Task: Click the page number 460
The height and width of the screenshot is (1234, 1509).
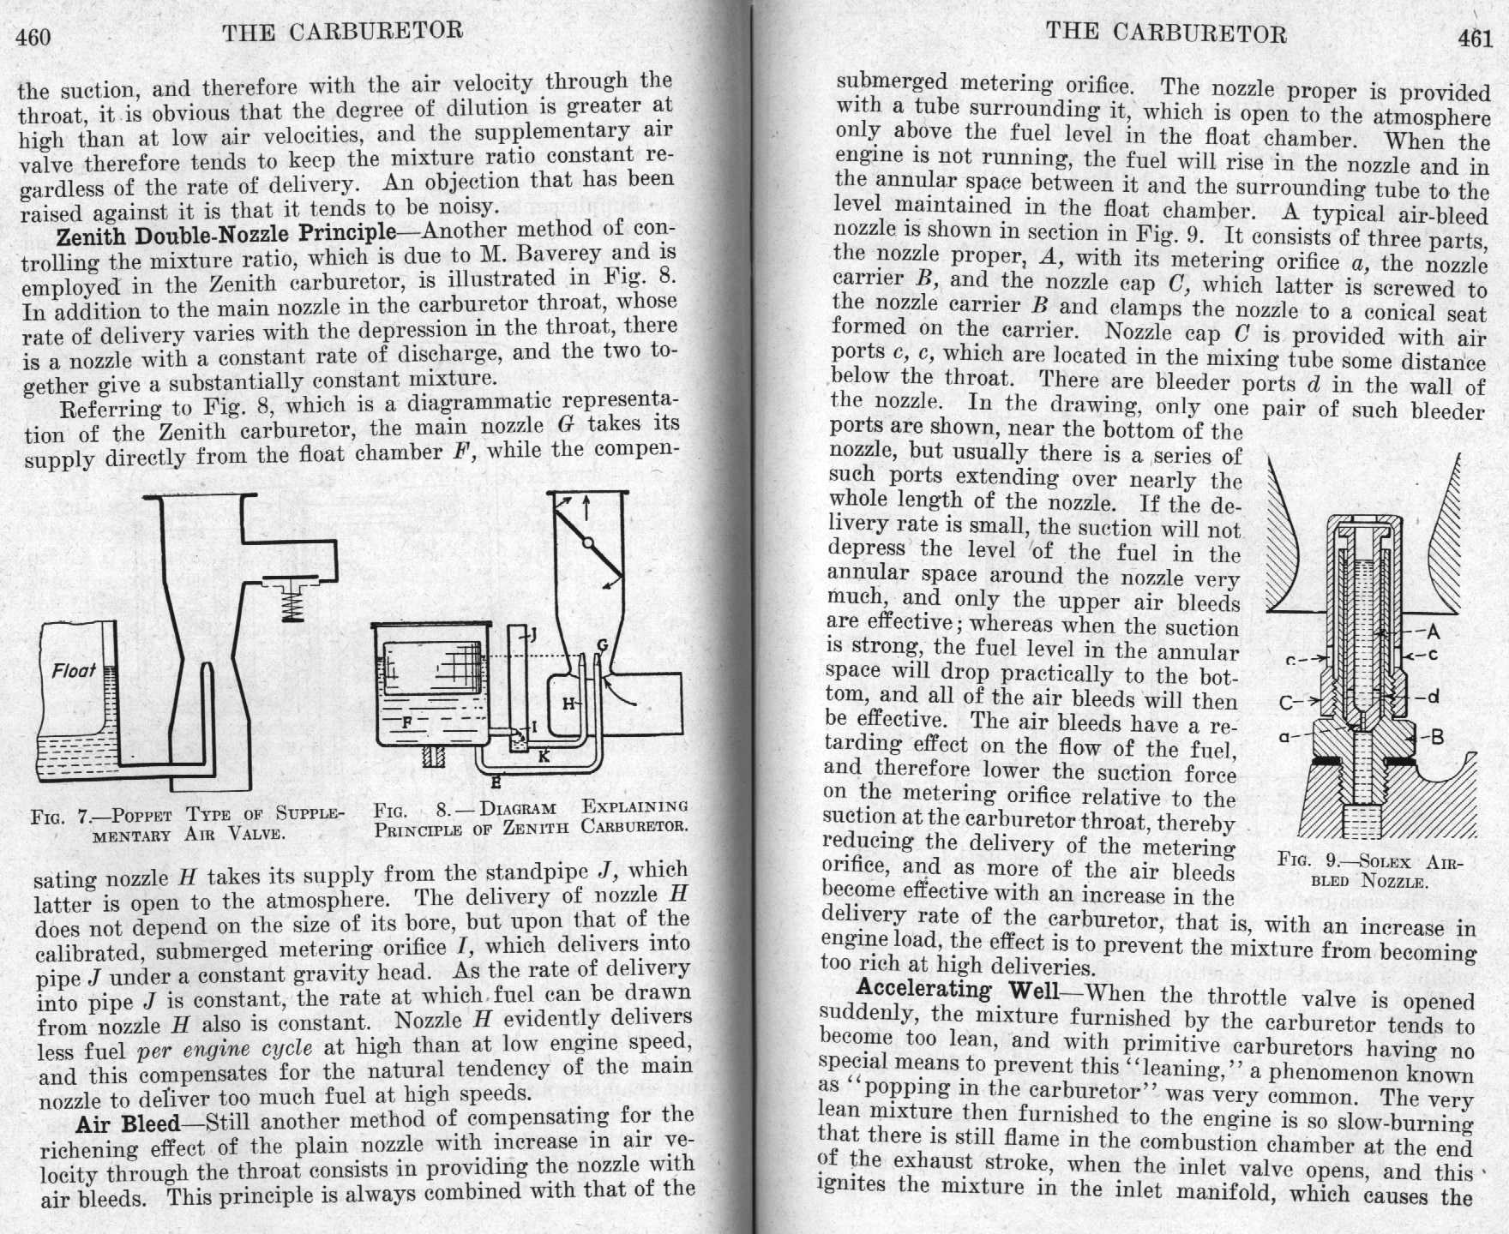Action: pos(33,37)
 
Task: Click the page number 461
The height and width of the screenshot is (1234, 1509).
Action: pos(1474,39)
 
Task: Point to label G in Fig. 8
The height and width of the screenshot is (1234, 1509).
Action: pos(602,644)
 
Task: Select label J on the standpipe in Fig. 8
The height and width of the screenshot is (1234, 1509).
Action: pos(532,634)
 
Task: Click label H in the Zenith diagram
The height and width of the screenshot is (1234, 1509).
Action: pos(568,704)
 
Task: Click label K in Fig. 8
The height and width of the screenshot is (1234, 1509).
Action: pos(544,757)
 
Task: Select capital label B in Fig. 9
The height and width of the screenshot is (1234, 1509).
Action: pos(1438,737)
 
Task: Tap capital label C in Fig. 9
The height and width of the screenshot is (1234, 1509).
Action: pos(1286,703)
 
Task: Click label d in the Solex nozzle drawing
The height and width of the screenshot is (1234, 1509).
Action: pos(1433,696)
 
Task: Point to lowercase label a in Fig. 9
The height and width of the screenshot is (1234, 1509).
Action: pos(1284,735)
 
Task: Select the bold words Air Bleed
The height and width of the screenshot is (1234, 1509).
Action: pos(128,1124)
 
